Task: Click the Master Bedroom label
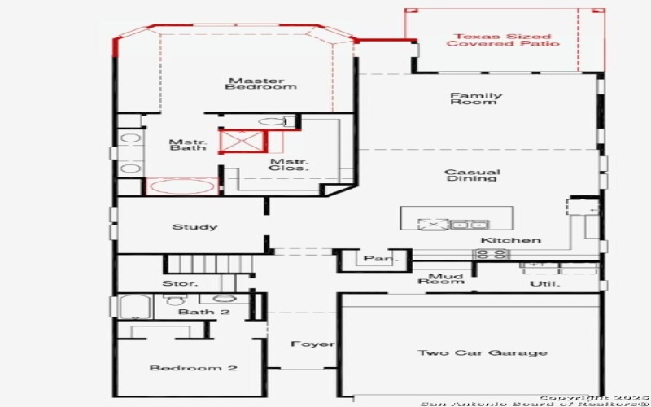tap(256, 84)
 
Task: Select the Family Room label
tap(476, 99)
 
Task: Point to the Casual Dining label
tap(472, 175)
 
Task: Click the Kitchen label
tap(510, 240)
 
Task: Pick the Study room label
tap(194, 227)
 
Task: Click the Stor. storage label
tap(181, 284)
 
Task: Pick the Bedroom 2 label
tap(193, 369)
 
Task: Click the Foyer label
tap(313, 344)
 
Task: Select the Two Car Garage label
tap(471, 352)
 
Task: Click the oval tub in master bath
tap(181, 186)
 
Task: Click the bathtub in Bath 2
tap(131, 307)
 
